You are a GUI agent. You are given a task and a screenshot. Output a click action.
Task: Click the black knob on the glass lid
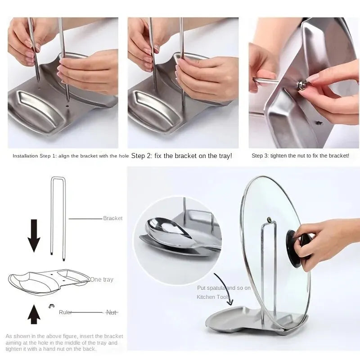pyautogui.click(x=301, y=245)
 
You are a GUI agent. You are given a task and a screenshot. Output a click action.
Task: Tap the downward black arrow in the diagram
pyautogui.click(x=34, y=234)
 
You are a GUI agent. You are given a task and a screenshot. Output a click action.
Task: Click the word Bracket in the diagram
pyautogui.click(x=112, y=218)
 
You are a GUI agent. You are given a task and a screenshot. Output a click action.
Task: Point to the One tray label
pyautogui.click(x=102, y=279)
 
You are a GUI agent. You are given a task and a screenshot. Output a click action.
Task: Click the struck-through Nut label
pyautogui.click(x=111, y=312)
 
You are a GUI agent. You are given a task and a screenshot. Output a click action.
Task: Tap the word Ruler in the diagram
pyautogui.click(x=66, y=312)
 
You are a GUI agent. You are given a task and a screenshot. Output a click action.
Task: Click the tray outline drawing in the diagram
pyautogui.click(x=49, y=281)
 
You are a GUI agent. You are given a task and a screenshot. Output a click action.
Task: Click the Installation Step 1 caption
pyautogui.click(x=70, y=156)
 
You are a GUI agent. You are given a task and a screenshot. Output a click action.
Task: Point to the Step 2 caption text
pyautogui.click(x=181, y=156)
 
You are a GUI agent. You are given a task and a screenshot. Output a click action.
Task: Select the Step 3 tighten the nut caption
pyautogui.click(x=300, y=156)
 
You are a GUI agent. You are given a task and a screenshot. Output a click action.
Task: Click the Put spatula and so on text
pyautogui.click(x=224, y=288)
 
